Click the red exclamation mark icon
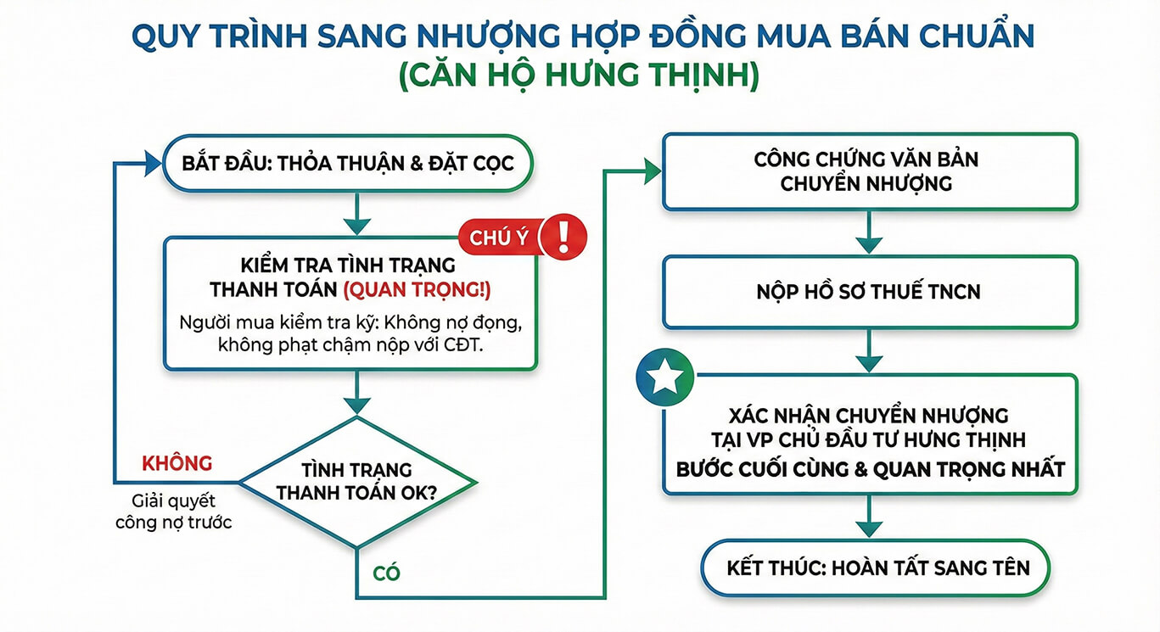(x=563, y=234)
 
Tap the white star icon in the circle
(x=664, y=378)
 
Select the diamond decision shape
(x=357, y=481)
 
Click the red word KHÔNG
(x=177, y=463)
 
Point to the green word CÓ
(x=386, y=573)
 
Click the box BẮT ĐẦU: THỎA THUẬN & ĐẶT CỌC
(x=348, y=163)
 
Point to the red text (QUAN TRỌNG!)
(x=417, y=289)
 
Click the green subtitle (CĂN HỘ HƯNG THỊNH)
(x=579, y=76)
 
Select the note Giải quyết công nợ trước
(x=174, y=512)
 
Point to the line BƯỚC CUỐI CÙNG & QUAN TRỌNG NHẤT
(x=871, y=468)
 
